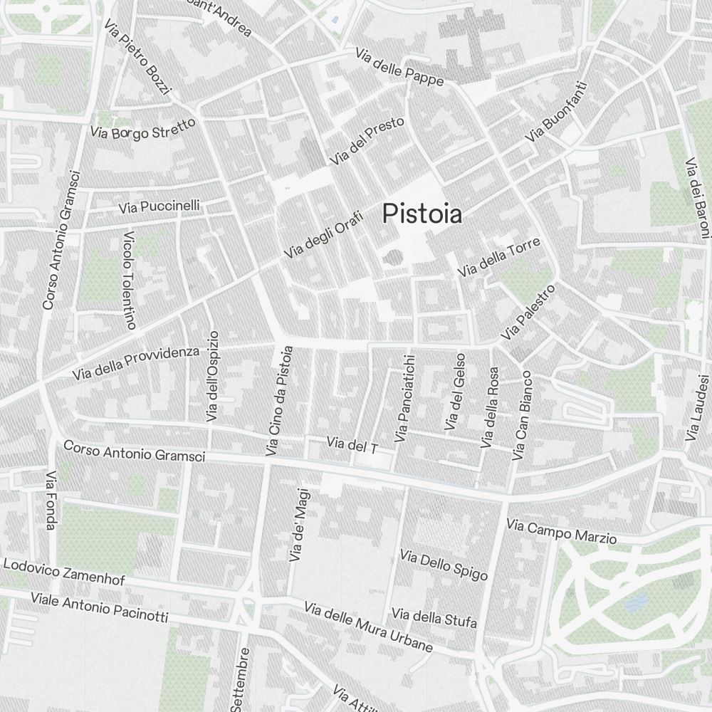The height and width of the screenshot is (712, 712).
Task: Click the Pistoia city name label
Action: [x=422, y=214]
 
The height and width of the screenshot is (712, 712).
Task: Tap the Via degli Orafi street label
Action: [x=324, y=235]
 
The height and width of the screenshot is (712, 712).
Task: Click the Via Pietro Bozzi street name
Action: [x=137, y=58]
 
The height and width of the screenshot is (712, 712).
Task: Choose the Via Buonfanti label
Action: [x=557, y=111]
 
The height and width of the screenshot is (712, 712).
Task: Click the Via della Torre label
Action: [x=498, y=258]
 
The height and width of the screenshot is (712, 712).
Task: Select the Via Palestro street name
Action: [x=527, y=312]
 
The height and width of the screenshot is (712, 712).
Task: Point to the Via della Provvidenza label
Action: [x=135, y=362]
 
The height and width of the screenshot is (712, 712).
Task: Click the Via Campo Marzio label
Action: [x=561, y=532]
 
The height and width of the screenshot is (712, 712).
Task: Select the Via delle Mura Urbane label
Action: [x=368, y=627]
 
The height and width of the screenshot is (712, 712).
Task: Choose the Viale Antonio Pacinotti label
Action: [x=99, y=607]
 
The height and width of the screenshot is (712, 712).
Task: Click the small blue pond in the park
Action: [x=634, y=604]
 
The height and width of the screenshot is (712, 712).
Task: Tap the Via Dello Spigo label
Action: [x=444, y=565]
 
